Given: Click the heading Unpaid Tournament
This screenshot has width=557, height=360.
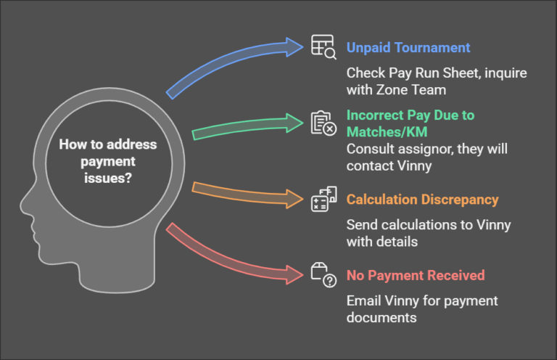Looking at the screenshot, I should pos(408,48).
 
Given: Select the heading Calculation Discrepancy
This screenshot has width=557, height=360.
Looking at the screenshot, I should pos(423,200).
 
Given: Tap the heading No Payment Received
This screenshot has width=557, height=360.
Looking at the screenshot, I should pos(416,275).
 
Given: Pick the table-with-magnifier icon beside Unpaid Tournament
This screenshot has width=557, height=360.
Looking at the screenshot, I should pos(323,46).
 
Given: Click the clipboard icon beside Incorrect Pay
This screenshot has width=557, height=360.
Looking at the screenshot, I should pos(323,123).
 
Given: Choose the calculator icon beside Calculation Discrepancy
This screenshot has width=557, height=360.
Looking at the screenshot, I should pos(323,199).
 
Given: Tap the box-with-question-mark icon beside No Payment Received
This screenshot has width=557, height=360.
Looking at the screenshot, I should pos(323,274).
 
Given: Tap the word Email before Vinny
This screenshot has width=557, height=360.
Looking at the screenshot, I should pos(363,300).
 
